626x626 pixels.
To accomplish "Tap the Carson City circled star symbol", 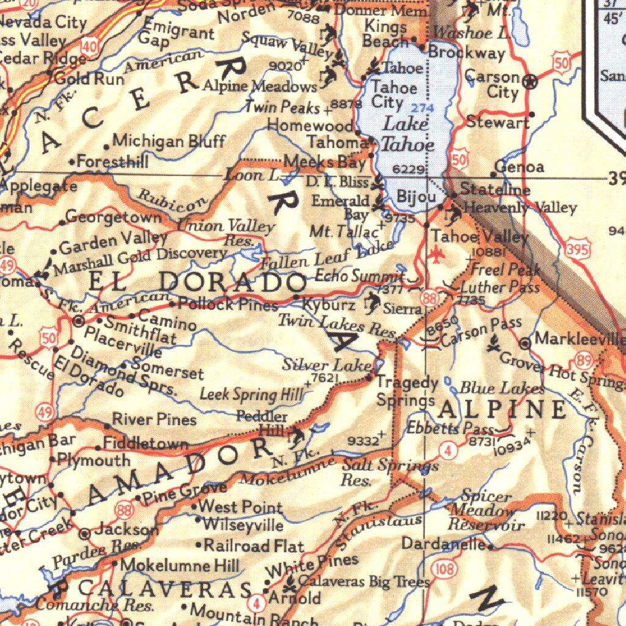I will click(x=532, y=81).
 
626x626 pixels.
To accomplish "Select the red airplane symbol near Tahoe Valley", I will click(x=436, y=253).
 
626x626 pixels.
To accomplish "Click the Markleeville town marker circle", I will click(x=525, y=344).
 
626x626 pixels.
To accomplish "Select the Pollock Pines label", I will click(x=228, y=304).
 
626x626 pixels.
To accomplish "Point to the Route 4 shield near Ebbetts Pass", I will click(x=448, y=452).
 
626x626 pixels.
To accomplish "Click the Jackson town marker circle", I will click(x=86, y=533).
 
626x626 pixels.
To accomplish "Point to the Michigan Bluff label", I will click(x=169, y=142).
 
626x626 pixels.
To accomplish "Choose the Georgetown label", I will click(x=114, y=217).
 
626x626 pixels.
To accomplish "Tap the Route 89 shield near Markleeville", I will click(x=584, y=361).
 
